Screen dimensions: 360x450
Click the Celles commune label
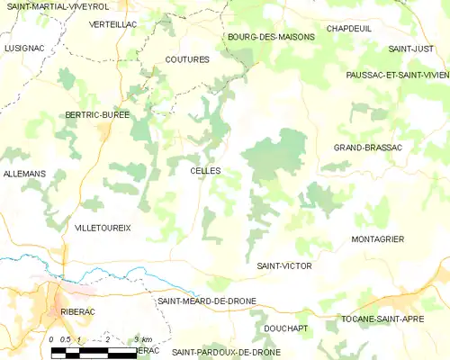point(205,170)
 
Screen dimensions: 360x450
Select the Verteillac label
point(113,24)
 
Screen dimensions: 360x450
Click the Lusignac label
point(23,47)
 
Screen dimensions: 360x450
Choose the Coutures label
point(187,58)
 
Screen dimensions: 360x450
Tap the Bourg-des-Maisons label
point(271,37)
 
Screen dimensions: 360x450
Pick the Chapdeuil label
point(348,29)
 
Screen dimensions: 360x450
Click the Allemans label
point(24,173)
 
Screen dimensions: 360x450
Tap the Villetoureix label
point(103,228)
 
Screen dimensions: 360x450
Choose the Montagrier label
point(377,238)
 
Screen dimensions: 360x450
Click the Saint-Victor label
point(283,266)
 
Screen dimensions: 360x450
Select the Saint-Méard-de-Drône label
point(206,301)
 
